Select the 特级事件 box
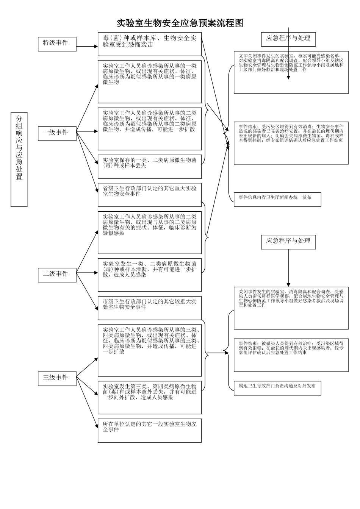[57, 44]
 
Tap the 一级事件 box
[57, 133]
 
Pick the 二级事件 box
[57, 274]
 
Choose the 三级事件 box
[57, 378]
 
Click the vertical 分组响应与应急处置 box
[19, 159]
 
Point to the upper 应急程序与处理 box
[288, 38]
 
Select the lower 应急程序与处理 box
[288, 241]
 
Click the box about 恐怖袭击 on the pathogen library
[150, 44]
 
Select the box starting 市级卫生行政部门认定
[150, 308]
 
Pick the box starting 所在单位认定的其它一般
[150, 430]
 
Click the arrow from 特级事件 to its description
[87, 47]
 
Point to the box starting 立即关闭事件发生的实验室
[291, 72]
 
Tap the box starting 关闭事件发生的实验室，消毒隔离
[291, 308]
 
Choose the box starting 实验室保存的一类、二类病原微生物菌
[150, 166]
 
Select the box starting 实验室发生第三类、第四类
[150, 397]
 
